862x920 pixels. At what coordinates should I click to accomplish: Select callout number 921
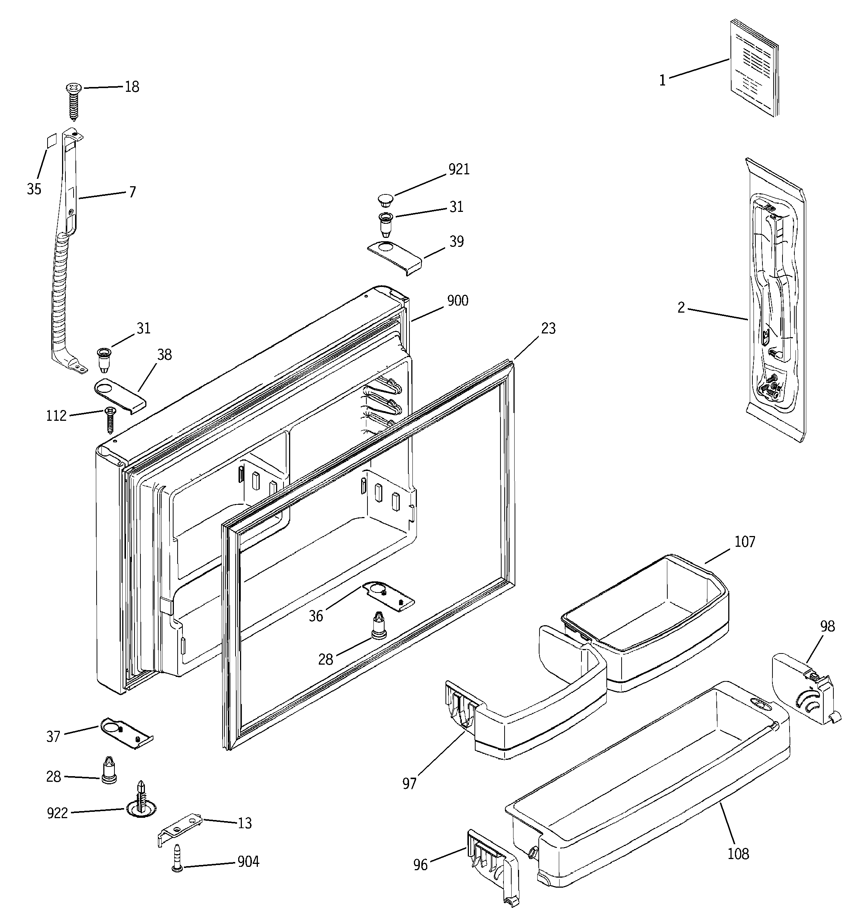pyautogui.click(x=458, y=170)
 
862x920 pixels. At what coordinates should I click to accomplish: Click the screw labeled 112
pyautogui.click(x=110, y=419)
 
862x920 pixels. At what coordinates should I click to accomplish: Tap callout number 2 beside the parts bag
pyautogui.click(x=681, y=308)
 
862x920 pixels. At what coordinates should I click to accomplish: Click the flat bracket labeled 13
pyautogui.click(x=181, y=829)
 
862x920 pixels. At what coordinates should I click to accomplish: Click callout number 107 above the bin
pyautogui.click(x=745, y=542)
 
